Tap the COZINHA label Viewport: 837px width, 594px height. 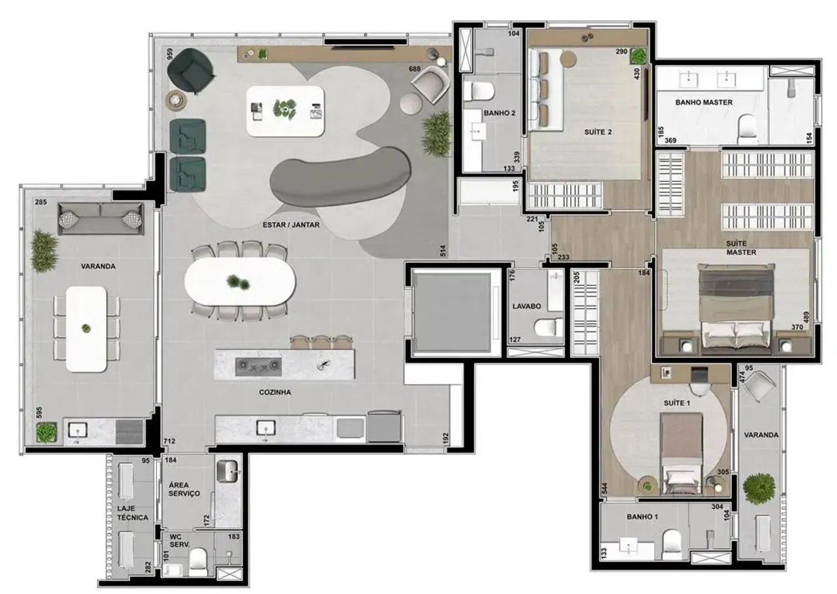pos(275,393)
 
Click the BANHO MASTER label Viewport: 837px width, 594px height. pos(704,102)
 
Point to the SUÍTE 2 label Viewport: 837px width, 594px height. pos(598,131)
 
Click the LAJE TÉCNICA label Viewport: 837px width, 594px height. pos(133,512)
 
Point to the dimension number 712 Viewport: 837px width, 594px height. pos(169,442)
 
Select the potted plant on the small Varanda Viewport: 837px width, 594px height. pos(759,488)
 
